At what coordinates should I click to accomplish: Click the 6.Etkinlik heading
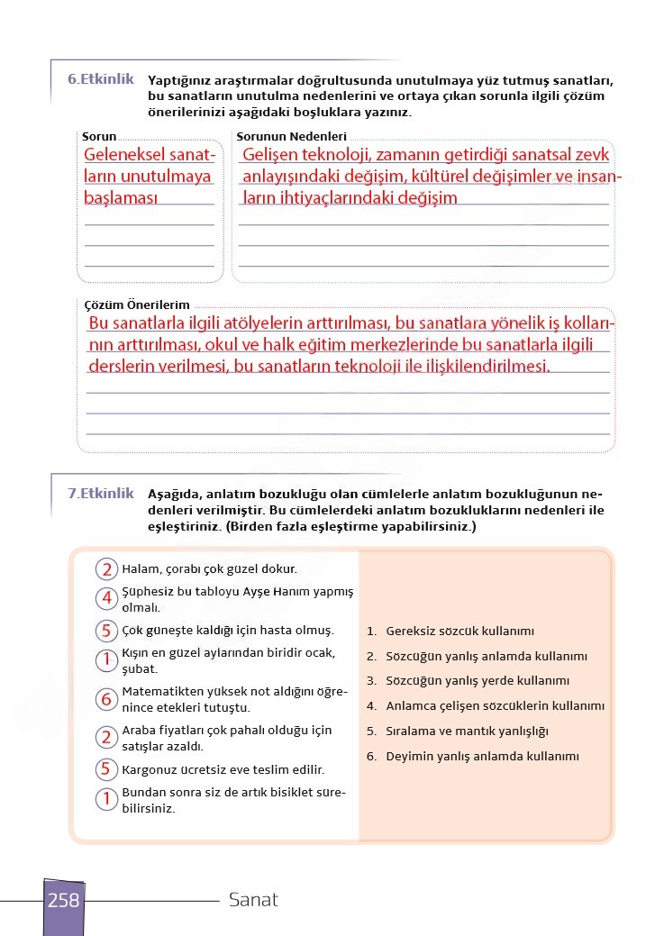coord(100,79)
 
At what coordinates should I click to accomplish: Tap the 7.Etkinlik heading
coord(100,494)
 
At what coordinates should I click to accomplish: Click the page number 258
coord(63,900)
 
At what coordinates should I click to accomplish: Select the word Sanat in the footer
coord(253,900)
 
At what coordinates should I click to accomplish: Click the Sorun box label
coord(99,137)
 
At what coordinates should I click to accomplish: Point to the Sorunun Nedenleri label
coord(292,137)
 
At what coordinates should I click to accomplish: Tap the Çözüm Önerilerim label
coord(136,305)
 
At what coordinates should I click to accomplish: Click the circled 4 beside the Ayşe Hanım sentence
coord(106,598)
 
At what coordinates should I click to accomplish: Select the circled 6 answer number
coord(106,699)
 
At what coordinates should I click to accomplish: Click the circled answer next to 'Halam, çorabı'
coord(106,569)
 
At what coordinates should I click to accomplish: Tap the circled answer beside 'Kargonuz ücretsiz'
coord(106,769)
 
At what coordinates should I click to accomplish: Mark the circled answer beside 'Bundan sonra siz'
coord(106,799)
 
